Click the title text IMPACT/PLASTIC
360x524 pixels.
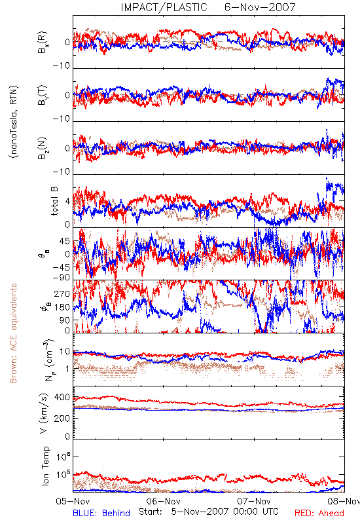[164, 7]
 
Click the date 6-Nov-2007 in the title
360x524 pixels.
[260, 7]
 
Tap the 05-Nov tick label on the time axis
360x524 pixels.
[73, 501]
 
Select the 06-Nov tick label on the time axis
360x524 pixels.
[163, 501]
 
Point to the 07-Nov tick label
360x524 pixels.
[254, 501]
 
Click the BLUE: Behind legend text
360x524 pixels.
[101, 513]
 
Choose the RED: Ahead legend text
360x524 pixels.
[319, 513]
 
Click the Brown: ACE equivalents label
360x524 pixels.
[12, 333]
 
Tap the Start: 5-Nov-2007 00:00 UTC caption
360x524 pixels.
[208, 512]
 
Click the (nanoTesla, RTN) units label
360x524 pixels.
[14, 122]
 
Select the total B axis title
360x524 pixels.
[54, 201]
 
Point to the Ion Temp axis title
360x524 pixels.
[45, 466]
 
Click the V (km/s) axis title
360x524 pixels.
[45, 413]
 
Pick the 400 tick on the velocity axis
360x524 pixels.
[62, 398]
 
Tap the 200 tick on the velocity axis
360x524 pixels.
[62, 418]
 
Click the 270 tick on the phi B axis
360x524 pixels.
[62, 294]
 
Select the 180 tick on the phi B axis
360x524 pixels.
[62, 307]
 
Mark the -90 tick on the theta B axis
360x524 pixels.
[62, 278]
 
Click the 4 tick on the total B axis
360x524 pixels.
[68, 202]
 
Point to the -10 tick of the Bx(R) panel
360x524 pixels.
[62, 65]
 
